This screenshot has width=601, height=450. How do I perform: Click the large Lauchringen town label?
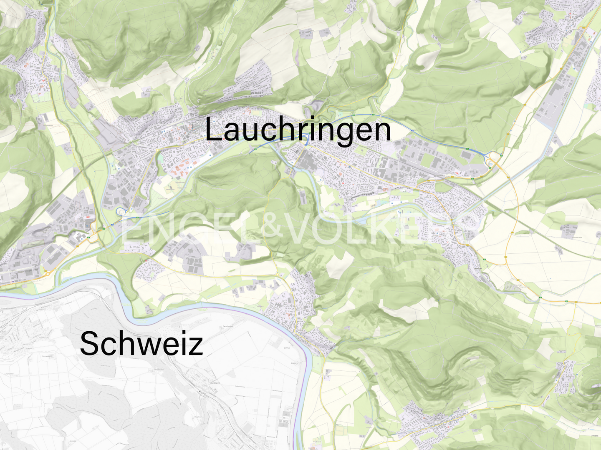tap(298, 130)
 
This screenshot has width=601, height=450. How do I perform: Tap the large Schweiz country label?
tap(141, 343)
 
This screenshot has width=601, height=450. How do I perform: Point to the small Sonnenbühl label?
tap(46, 356)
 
